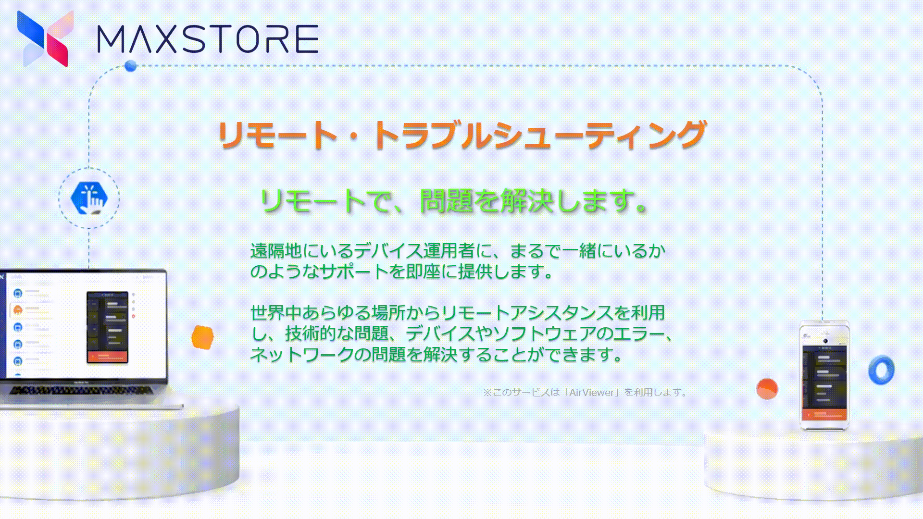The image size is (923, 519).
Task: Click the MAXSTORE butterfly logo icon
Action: tap(45, 38)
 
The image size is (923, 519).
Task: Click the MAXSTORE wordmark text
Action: tap(208, 39)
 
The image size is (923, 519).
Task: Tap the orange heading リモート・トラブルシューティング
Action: tap(461, 135)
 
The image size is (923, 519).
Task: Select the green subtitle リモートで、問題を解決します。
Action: tap(454, 200)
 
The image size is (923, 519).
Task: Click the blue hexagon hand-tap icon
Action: tap(89, 198)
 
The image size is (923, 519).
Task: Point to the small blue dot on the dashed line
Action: tap(130, 66)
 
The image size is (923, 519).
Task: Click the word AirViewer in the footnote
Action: tap(592, 392)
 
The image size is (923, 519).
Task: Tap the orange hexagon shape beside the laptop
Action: tap(202, 337)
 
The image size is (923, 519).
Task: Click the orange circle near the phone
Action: tap(767, 389)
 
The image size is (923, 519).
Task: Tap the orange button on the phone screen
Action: tap(824, 414)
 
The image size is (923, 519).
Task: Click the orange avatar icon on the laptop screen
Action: tap(18, 309)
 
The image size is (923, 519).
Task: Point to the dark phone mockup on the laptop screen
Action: tap(107, 327)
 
